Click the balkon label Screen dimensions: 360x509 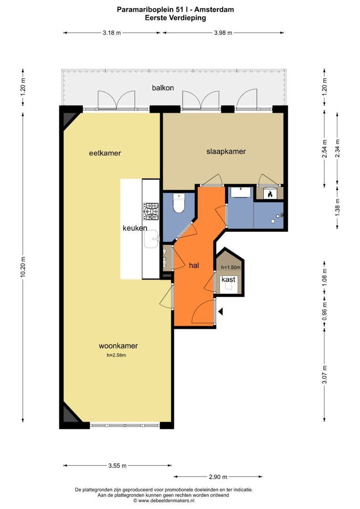163,88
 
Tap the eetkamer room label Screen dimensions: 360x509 105,153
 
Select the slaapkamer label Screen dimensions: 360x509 226,151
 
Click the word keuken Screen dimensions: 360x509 135,228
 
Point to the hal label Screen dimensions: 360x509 194,265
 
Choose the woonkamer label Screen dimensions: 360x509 118,346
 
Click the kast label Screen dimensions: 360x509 228,279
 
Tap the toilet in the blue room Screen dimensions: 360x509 179,203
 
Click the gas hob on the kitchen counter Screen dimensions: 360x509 151,211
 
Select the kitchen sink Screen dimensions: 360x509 151,239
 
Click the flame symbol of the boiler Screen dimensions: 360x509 270,194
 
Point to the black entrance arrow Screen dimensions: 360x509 221,312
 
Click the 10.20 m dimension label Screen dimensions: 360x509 23,266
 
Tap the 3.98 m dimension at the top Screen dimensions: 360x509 223,33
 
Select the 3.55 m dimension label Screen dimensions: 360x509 117,466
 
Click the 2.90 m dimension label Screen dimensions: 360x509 218,476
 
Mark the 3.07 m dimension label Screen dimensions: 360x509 324,374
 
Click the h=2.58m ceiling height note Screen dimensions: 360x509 116,355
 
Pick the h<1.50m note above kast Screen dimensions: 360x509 231,268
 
